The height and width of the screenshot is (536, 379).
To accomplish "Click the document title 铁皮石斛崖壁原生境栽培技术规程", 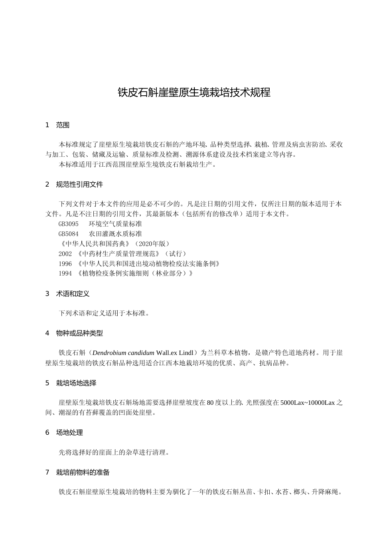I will coord(194,93).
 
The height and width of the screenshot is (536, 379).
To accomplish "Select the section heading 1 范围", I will coord(57,125).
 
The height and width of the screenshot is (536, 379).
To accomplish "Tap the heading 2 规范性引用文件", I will coord(74,184).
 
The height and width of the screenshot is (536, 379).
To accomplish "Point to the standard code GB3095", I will coord(69,224).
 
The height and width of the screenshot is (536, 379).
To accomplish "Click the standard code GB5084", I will coord(69,234).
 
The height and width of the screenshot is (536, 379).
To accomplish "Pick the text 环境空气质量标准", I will coord(115,224).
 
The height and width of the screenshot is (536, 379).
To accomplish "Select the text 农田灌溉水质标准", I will coord(115,234).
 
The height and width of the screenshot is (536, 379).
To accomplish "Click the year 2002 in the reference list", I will coord(65,254).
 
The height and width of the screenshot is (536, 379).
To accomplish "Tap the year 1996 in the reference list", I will coord(65,264).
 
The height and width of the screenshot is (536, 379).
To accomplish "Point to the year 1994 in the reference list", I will coord(65,274).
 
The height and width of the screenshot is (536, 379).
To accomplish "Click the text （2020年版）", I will coord(152,244).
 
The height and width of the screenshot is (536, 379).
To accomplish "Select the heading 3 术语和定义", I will coord(67,294).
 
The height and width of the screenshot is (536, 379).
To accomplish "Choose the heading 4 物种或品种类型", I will coord(74,333).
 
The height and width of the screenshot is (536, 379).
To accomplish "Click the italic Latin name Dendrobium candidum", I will coord(123,353).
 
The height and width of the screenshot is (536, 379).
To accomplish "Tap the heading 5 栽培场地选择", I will coord(71,383).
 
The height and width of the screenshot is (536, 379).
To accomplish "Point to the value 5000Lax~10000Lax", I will coord(308,403).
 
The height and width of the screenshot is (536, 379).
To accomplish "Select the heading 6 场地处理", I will coord(64,432).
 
